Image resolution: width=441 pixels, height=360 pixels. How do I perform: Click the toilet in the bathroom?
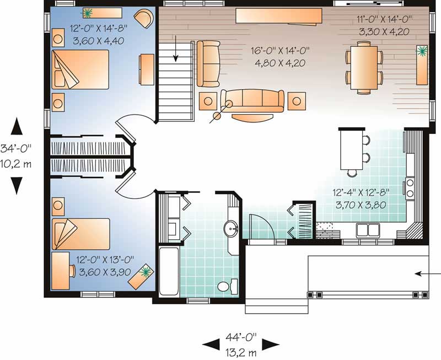click(223, 287)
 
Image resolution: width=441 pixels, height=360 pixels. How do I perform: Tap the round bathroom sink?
click(231, 227)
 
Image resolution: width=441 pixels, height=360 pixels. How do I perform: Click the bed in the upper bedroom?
click(80, 69)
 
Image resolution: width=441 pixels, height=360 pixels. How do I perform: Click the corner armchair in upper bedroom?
click(145, 18)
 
